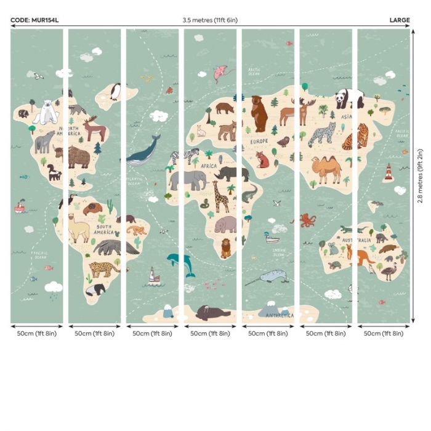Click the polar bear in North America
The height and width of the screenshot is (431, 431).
(x=46, y=112)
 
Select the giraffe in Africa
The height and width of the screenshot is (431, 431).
(x=220, y=196)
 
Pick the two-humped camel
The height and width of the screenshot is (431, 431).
(x=326, y=169)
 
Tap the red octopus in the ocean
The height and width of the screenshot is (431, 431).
(x=307, y=220)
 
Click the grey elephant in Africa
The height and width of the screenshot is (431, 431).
(x=188, y=180)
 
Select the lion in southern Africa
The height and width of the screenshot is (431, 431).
(x=226, y=248)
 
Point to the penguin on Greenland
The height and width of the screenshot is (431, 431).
(x=115, y=92)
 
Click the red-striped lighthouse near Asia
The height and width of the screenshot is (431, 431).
(x=388, y=172)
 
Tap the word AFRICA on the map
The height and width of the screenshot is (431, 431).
(x=209, y=166)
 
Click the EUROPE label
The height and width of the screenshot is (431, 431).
(x=259, y=140)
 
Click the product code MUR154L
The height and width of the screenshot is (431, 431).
(x=34, y=20)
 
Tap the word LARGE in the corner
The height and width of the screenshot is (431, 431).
(x=399, y=20)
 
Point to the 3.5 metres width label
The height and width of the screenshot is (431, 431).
(x=209, y=20)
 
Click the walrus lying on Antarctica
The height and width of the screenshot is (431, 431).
(x=212, y=313)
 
